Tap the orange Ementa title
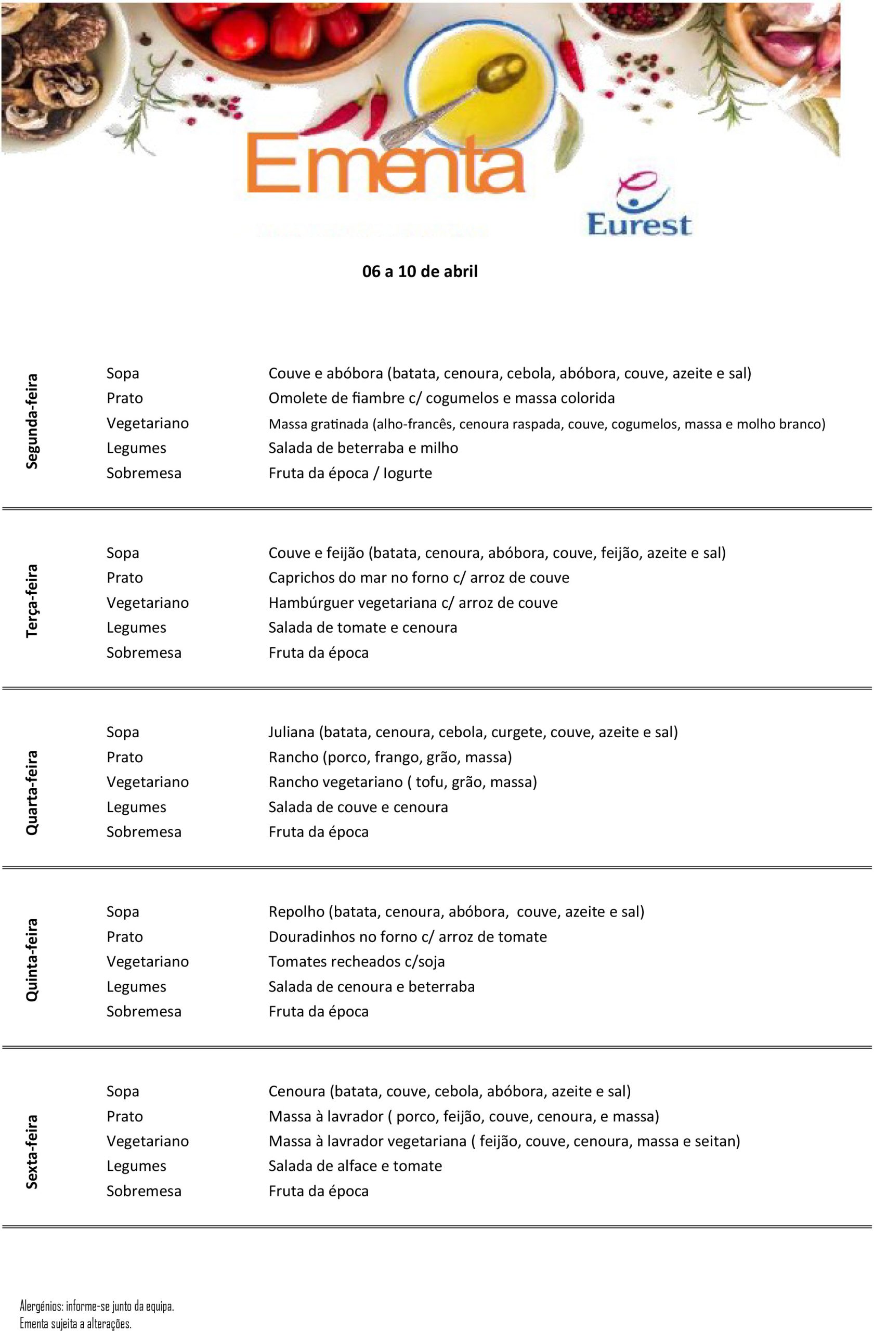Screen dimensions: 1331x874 point(385,163)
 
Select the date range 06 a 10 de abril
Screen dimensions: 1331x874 point(420,272)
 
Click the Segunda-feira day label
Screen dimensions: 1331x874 point(32,422)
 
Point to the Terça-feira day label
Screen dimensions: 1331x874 point(32,601)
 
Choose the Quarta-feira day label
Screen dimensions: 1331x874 point(32,793)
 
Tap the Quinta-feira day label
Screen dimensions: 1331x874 point(32,960)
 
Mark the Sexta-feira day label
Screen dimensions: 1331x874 point(32,1152)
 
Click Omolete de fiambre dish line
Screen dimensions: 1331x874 point(441,398)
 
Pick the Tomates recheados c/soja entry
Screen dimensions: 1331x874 point(356,961)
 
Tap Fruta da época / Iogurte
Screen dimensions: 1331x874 point(350,473)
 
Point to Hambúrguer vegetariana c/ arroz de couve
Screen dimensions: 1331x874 point(413,603)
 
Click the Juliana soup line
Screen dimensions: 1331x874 point(473,732)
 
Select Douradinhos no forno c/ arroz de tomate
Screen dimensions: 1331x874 point(407,937)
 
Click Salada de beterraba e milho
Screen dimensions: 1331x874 point(363,448)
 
